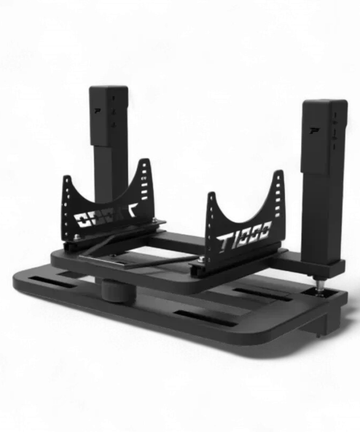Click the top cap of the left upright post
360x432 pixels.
pyautogui.click(x=109, y=89)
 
